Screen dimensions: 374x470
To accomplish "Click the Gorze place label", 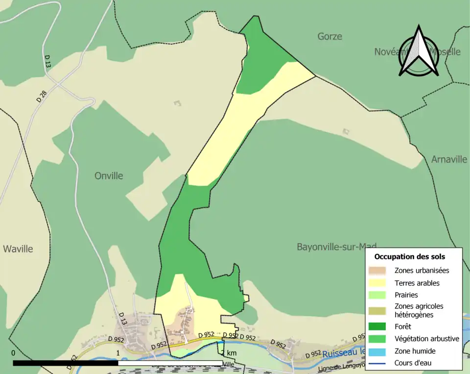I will [x=329, y=36].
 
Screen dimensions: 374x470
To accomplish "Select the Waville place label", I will [x=18, y=249].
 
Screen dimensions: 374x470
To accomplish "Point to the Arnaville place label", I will [x=449, y=159].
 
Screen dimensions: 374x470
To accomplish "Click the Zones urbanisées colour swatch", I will [x=376, y=270].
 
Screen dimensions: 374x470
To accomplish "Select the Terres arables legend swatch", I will [x=376, y=283].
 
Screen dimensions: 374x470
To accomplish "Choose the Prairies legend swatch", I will [x=376, y=295].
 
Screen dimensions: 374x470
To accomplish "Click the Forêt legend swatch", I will [x=376, y=326].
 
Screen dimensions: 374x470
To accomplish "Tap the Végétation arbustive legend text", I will [x=426, y=339].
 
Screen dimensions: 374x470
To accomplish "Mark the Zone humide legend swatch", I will [x=376, y=351].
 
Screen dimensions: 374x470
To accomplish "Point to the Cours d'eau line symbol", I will [x=376, y=363].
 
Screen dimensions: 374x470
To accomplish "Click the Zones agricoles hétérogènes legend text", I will [x=419, y=310].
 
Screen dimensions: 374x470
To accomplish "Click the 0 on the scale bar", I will [x=13, y=353].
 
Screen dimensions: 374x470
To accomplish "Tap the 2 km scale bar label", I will [x=229, y=353].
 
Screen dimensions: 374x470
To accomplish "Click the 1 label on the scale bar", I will [x=118, y=353].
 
